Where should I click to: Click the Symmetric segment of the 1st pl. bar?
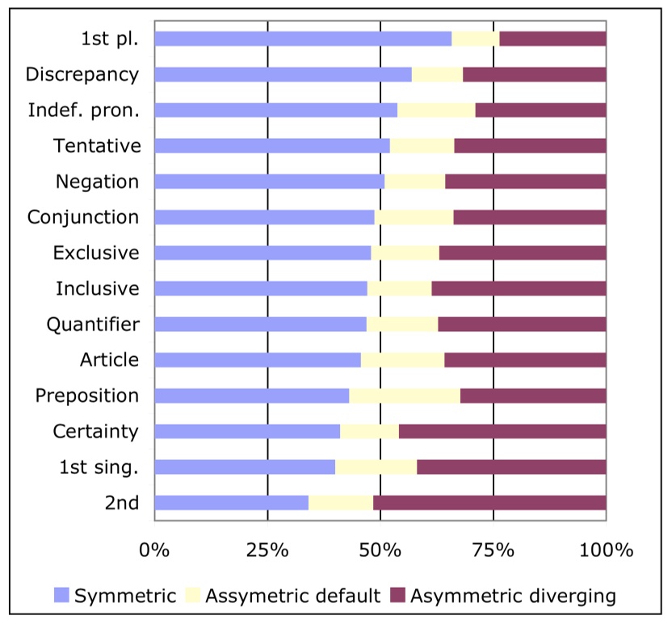click(303, 39)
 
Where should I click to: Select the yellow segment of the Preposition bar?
click(405, 396)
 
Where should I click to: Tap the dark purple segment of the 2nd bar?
click(489, 503)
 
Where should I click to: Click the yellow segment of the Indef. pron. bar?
click(436, 110)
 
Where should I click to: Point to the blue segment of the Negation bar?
click(269, 182)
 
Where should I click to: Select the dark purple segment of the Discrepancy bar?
click(534, 74)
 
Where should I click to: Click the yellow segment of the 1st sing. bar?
click(376, 467)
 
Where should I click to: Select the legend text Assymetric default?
click(292, 597)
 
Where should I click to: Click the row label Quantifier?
click(93, 325)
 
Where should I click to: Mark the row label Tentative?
click(97, 146)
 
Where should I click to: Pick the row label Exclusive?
click(95, 253)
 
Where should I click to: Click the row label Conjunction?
click(83, 217)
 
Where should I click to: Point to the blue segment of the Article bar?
click(257, 360)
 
